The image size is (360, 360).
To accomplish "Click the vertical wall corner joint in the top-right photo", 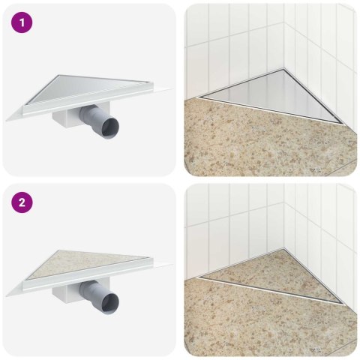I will pos(286,34).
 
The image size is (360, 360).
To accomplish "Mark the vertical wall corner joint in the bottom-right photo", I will pos(286,214).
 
